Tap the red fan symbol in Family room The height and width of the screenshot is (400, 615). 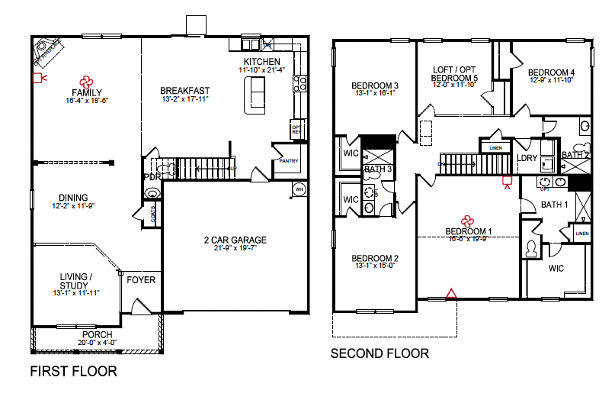(x=85, y=80)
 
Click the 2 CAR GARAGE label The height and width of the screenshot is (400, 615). (x=235, y=240)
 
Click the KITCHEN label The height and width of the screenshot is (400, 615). (x=261, y=62)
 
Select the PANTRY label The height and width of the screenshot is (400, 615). (x=288, y=161)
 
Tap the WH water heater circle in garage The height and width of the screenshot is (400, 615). (x=299, y=189)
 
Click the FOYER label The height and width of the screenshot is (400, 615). (x=141, y=280)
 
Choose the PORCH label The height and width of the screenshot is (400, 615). (x=97, y=334)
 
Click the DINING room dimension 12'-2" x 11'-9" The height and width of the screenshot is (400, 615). (x=74, y=206)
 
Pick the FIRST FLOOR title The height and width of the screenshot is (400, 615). (x=73, y=372)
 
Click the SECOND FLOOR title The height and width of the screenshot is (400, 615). (x=379, y=353)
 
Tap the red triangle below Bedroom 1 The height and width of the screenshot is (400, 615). (x=451, y=292)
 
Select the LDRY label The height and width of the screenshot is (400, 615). (x=527, y=159)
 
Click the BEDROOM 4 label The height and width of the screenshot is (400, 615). (x=552, y=73)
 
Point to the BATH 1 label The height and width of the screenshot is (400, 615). (x=554, y=205)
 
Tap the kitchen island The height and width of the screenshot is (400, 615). (x=255, y=95)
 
